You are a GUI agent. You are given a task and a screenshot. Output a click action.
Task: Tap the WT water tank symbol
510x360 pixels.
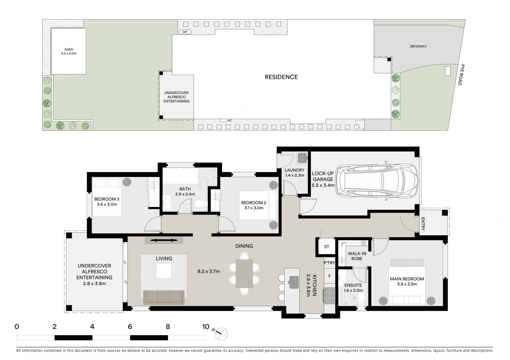pos(185,32)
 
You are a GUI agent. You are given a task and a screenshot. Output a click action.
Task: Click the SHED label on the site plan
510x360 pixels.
pos(69,49)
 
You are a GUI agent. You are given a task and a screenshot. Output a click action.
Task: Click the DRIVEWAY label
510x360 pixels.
pos(418,46)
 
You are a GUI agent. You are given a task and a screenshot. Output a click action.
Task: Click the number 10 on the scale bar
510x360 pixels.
pos(206,327)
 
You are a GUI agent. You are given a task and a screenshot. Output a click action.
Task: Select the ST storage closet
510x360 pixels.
pos(327,247)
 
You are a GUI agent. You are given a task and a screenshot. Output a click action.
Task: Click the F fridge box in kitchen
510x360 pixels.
pos(329,276)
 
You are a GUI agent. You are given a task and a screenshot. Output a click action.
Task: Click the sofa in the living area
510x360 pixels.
pos(164,297)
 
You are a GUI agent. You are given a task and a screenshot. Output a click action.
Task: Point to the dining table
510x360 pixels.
pos(244,273)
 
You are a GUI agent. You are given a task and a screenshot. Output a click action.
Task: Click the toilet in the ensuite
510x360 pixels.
pos(360,300)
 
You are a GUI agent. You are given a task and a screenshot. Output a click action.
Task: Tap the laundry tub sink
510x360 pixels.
pos(302,158)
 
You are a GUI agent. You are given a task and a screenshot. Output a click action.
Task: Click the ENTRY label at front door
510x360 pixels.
pos(423,224)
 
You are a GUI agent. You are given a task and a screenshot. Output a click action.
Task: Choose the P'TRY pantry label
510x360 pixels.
pos(329,263)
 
